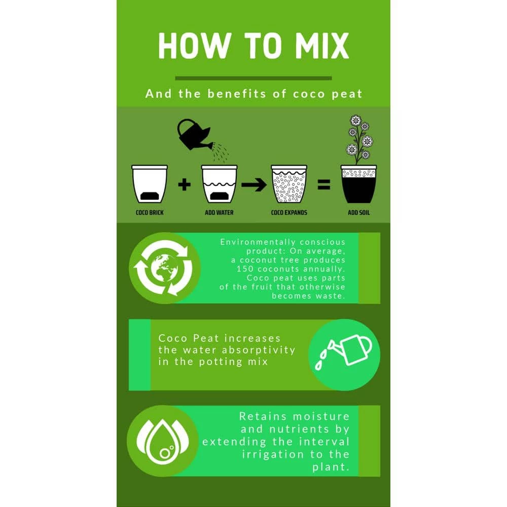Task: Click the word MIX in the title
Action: pos(322,46)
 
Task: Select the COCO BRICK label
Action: pos(150,212)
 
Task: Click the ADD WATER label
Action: pos(219,212)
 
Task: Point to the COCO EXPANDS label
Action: pos(289,212)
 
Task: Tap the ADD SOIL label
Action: pos(358,212)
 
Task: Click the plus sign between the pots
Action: pos(185,185)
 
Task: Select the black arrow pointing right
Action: pos(254,185)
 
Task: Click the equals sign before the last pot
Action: pos(323,185)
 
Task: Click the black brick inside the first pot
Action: pos(150,196)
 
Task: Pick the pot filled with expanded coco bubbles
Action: pos(289,184)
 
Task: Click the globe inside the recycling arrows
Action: pos(165,268)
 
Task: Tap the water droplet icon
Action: pos(163,442)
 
